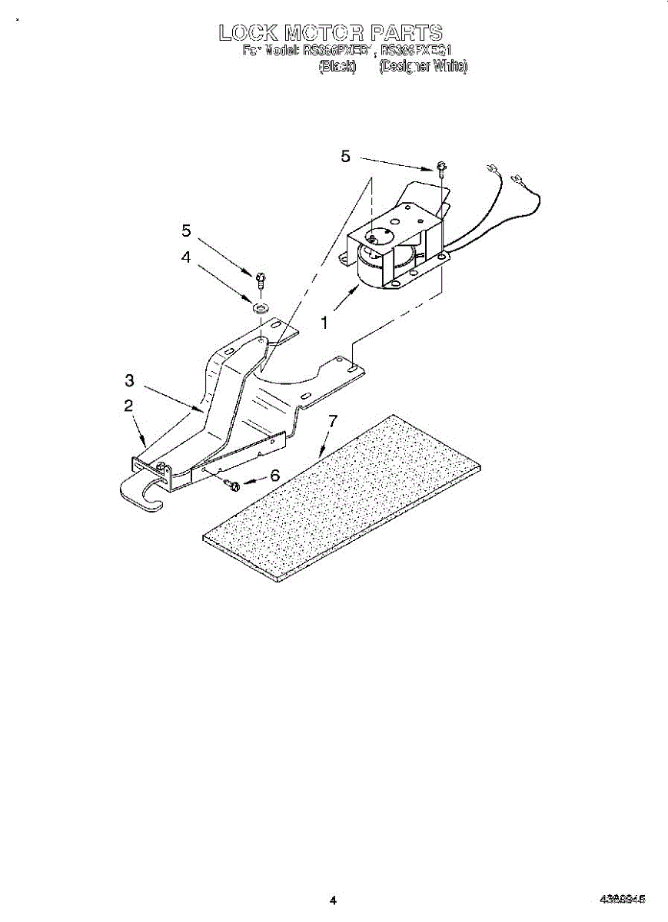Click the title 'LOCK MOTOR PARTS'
click(331, 33)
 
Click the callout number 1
click(324, 323)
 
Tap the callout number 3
click(130, 380)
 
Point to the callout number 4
click(185, 258)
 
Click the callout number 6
click(274, 476)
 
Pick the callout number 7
click(332, 421)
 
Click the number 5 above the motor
click(345, 157)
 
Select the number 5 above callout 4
click(185, 230)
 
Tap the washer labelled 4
click(260, 308)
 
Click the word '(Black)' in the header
click(337, 67)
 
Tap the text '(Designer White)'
click(423, 67)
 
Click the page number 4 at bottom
click(333, 900)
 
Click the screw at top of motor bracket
click(442, 168)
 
